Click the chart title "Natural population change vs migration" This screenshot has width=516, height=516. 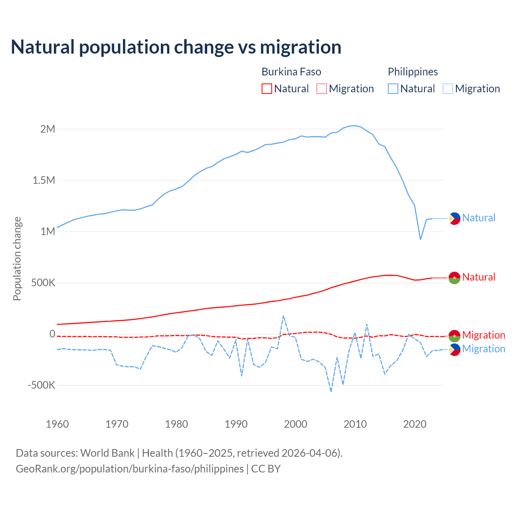pos(176,47)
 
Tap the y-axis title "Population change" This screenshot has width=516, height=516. pos(17,258)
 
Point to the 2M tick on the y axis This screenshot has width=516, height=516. pos(48,129)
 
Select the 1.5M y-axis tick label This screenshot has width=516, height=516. pos(44,180)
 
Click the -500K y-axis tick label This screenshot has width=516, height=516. pos(42,385)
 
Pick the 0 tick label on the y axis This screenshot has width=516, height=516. pos(52,334)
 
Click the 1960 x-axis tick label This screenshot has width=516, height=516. pos(57,424)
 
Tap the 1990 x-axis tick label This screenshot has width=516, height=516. pos(236,424)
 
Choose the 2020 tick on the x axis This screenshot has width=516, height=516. pos(414,424)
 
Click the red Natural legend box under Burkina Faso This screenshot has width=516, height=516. pos(267,89)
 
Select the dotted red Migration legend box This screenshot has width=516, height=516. pos(322,89)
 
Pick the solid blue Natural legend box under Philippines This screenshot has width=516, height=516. pos(393,89)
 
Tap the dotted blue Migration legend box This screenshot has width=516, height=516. pos(448,89)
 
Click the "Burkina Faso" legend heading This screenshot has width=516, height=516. pos(291,72)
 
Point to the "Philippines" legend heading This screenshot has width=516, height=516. pos(413,72)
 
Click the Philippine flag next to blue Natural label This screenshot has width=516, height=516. pos(454,218)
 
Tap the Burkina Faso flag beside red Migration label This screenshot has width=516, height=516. pos(454,335)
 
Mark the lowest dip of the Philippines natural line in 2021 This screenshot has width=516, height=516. pos(420,239)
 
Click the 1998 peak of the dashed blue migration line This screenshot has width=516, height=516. pos(283,316)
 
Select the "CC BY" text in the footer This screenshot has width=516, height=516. pos(266,469)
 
